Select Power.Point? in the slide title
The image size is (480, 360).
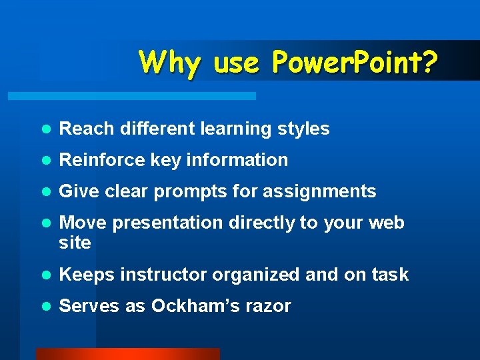coord(355,63)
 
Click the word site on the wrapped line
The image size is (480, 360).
coord(75,243)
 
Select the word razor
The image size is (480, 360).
coord(271,306)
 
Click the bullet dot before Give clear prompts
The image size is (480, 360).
coord(45,192)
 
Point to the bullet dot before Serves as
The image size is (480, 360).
coord(45,307)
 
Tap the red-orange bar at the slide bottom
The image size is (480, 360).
coord(127,354)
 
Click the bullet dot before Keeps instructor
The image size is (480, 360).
coord(45,275)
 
